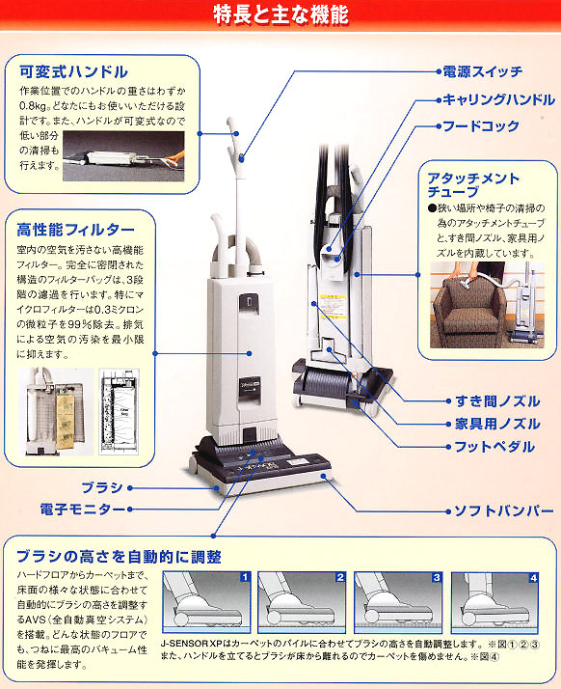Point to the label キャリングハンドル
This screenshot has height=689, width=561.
pyautogui.click(x=497, y=99)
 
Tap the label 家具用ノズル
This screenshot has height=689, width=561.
pyautogui.click(x=496, y=425)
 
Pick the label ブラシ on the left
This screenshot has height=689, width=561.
pyautogui.click(x=103, y=489)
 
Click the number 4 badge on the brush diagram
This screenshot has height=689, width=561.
pyautogui.click(x=533, y=577)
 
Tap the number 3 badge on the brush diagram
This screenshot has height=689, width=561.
pyautogui.click(x=437, y=577)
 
